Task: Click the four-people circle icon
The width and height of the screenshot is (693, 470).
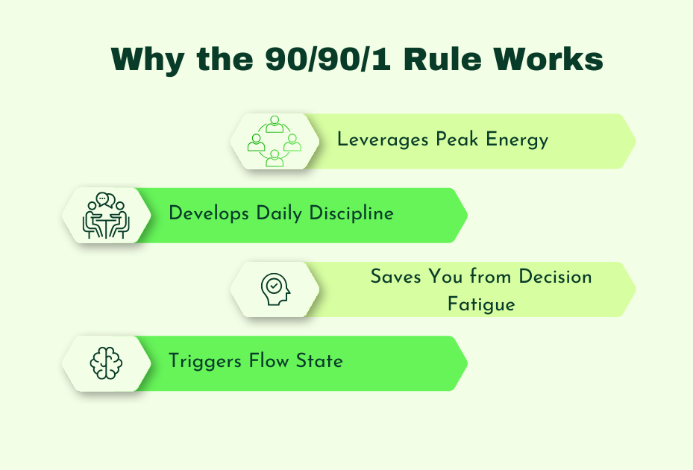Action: pos(275,141)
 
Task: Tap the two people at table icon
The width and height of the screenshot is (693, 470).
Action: pos(105,215)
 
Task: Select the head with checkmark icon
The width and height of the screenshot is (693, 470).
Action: pos(275,289)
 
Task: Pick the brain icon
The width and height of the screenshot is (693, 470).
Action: pos(105,363)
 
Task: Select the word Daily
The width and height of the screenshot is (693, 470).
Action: pos(270,214)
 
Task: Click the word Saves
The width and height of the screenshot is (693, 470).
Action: pos(396,277)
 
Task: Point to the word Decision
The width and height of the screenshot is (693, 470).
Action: pos(554,277)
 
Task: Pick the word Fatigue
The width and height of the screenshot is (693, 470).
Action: pos(481,304)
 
